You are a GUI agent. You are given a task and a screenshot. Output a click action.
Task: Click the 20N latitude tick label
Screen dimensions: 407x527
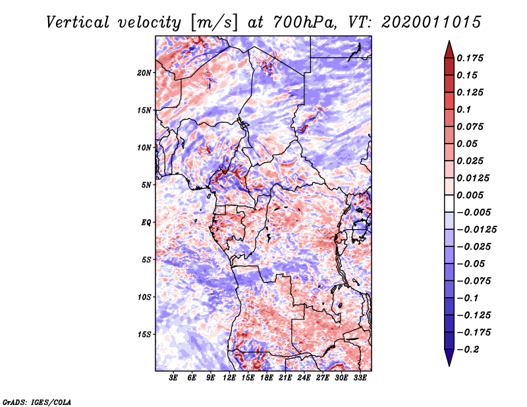click(144, 72)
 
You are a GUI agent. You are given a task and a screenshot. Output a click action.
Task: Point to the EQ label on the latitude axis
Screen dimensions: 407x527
click(146, 222)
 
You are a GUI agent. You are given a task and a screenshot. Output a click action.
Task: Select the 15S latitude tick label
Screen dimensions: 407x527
click(144, 334)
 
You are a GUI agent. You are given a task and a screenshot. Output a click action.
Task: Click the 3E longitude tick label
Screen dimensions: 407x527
click(174, 378)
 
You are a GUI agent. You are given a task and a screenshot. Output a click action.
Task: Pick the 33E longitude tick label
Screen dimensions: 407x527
click(360, 378)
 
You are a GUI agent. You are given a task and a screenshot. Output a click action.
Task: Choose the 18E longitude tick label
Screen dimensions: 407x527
click(267, 378)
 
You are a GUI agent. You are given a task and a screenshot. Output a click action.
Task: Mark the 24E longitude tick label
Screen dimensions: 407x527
click(304, 378)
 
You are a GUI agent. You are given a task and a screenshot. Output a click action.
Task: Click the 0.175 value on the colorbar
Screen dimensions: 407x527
click(472, 58)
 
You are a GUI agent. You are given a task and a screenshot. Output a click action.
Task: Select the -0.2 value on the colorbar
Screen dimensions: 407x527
click(470, 350)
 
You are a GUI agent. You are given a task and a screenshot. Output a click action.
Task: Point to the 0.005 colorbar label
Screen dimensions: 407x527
click(472, 195)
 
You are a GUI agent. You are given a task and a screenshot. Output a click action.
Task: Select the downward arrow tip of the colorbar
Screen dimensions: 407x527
click(449, 364)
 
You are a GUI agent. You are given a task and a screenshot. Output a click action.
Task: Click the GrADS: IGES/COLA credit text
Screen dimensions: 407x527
click(37, 400)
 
